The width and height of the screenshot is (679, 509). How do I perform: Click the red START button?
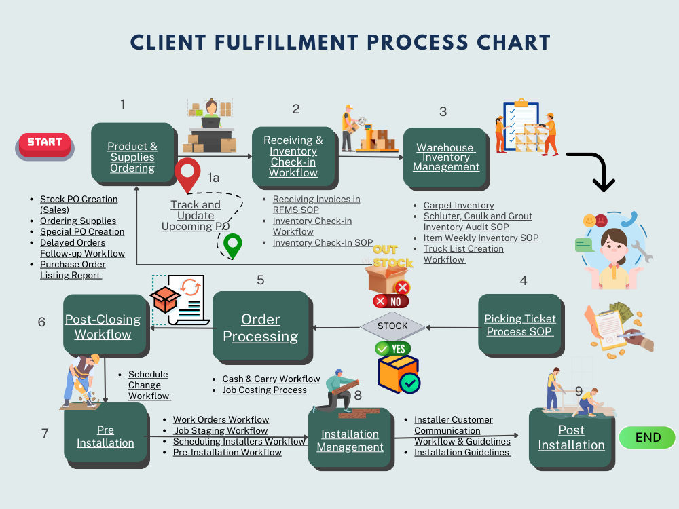click(x=45, y=144)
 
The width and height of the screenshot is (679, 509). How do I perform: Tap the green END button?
click(x=647, y=438)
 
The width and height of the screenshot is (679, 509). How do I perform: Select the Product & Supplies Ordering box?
click(x=132, y=157)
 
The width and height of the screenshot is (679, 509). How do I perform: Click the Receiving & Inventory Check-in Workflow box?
click(x=293, y=156)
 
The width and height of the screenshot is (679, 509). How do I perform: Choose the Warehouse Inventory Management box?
click(x=445, y=157)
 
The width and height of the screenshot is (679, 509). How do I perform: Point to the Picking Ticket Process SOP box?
click(x=520, y=325)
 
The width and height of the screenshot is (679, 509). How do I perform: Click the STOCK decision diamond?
click(x=392, y=326)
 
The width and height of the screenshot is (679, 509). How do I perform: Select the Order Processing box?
click(x=261, y=328)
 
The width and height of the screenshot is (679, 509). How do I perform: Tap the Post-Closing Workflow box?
click(x=103, y=326)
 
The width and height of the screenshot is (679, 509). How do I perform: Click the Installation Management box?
click(x=350, y=440)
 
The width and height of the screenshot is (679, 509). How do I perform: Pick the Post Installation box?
click(x=571, y=438)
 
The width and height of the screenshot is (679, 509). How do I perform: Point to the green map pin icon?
click(x=233, y=245)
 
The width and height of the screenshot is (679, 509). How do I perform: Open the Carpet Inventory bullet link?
click(x=458, y=205)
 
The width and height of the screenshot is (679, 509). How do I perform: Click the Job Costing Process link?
click(x=264, y=390)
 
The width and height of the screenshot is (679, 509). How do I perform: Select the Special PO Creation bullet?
click(x=81, y=231)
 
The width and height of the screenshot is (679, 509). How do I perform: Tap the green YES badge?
click(x=392, y=349)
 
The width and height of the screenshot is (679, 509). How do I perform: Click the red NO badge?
click(x=391, y=301)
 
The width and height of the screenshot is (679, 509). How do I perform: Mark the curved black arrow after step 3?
click(x=593, y=170)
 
